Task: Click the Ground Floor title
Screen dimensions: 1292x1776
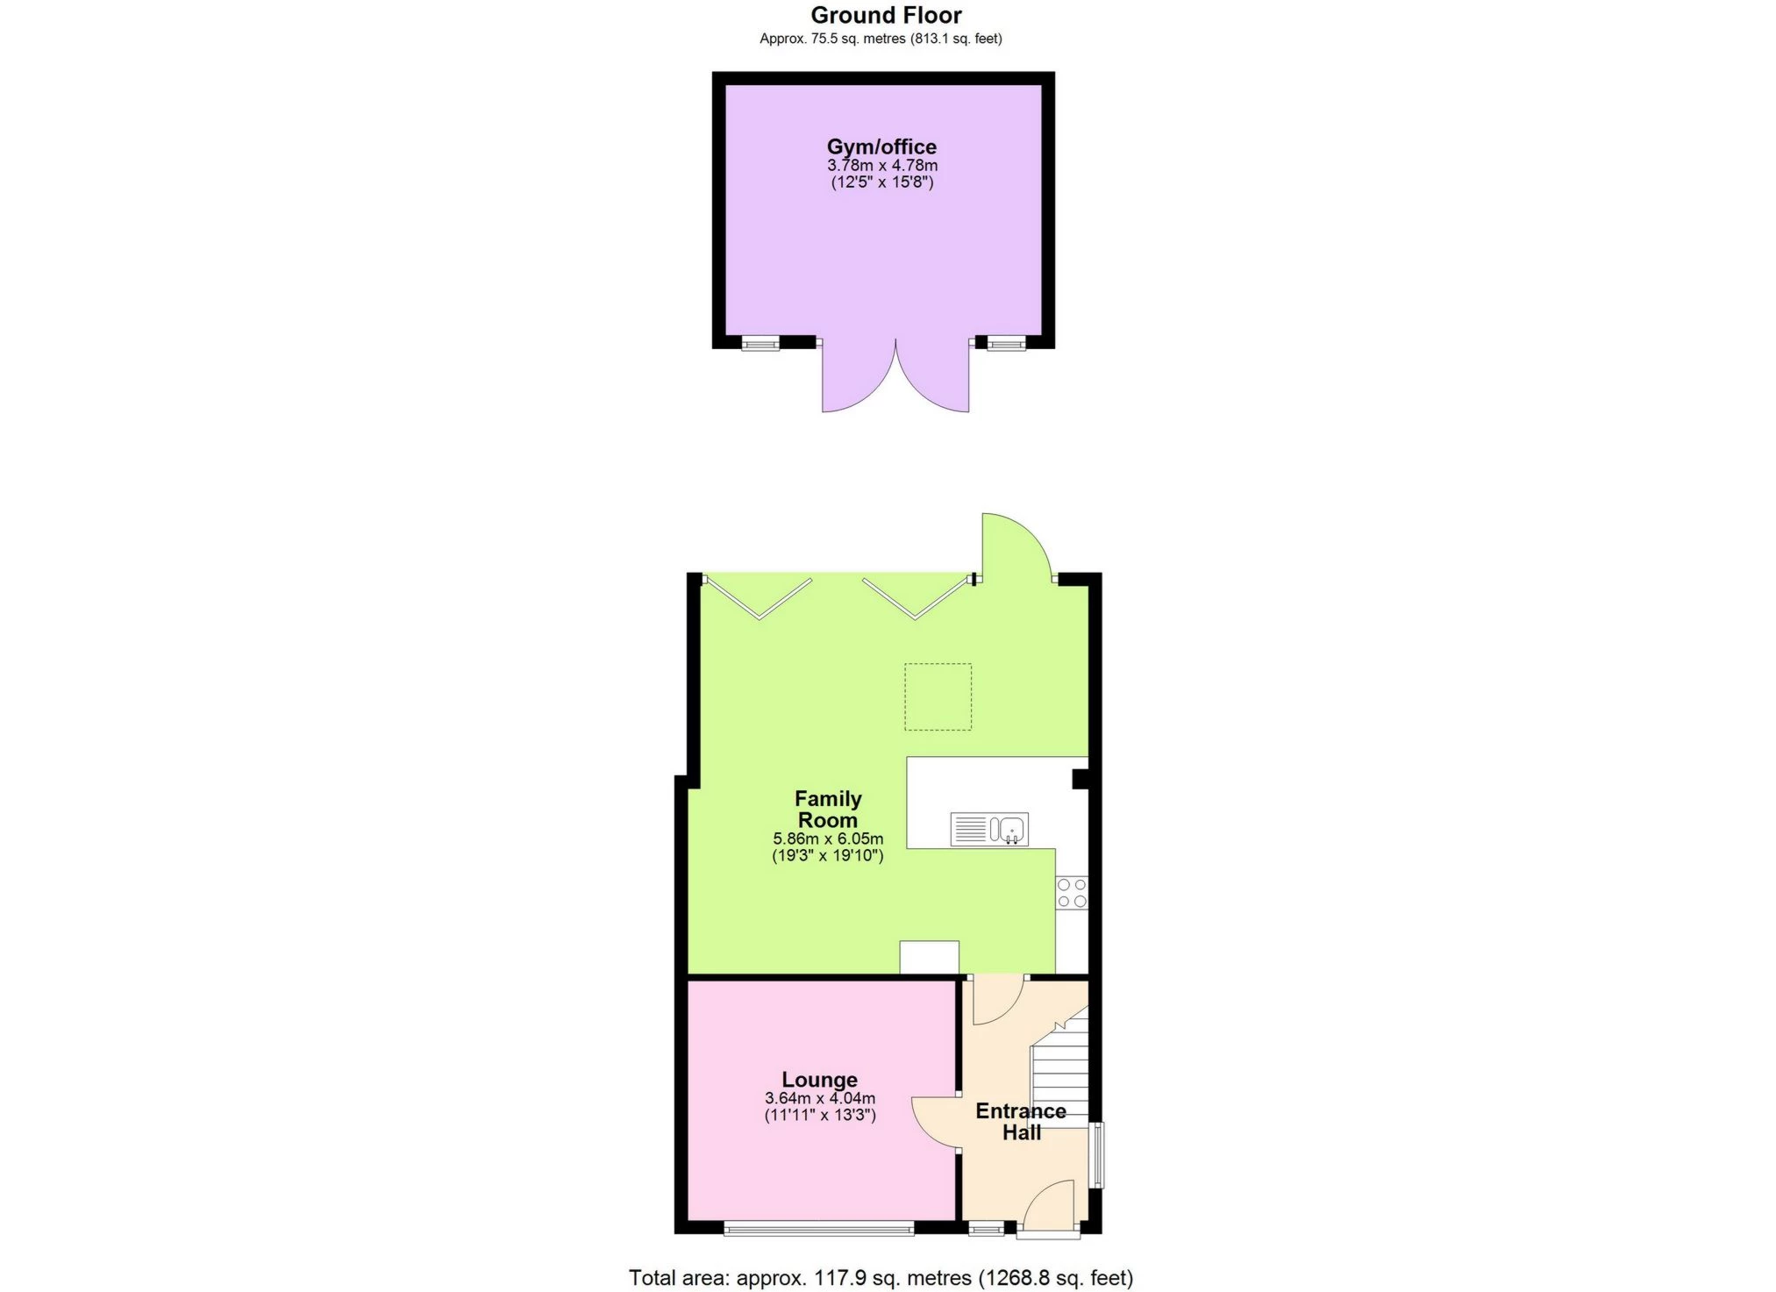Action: pos(886,15)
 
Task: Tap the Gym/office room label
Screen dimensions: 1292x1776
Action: pos(881,146)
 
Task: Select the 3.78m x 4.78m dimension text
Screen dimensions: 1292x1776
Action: pos(881,165)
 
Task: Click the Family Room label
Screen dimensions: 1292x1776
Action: pos(828,809)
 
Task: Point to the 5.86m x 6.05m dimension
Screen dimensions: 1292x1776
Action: pos(828,839)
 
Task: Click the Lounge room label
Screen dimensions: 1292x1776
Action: pos(819,1080)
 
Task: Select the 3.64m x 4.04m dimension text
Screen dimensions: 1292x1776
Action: pos(819,1098)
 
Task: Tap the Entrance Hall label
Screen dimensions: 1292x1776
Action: pos(1021,1121)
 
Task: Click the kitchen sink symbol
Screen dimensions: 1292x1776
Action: pos(989,829)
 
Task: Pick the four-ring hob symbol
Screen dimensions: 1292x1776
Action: pos(1072,893)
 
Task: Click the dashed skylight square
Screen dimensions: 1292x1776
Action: pos(938,696)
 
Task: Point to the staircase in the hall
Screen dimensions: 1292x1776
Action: pos(1060,1070)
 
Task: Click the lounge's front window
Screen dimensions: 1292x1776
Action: pos(819,1230)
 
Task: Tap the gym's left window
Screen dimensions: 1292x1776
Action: pos(760,343)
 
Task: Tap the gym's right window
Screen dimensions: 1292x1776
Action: pos(1006,343)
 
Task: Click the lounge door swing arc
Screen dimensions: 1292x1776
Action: pos(935,1123)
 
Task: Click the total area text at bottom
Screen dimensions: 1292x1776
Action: pos(881,1277)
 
